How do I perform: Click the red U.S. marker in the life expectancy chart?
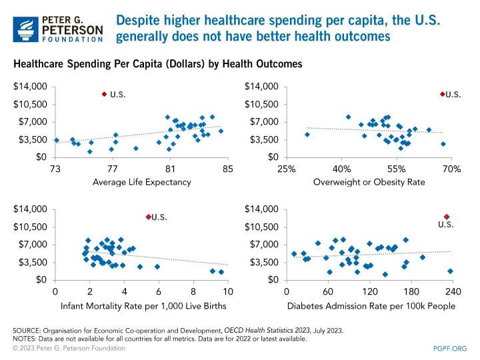point(104,95)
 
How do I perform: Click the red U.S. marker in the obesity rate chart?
point(442,95)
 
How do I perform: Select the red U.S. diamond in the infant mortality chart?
point(148,217)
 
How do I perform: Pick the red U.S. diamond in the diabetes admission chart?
point(447,217)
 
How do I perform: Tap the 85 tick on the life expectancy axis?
point(228,168)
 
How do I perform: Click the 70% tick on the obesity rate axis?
point(451,168)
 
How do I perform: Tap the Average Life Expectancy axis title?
point(141,182)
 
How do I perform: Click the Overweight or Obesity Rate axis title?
point(369,182)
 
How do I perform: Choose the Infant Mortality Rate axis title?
point(141,305)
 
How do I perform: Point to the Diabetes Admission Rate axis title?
point(371,305)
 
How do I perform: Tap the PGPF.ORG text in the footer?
point(450,348)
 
